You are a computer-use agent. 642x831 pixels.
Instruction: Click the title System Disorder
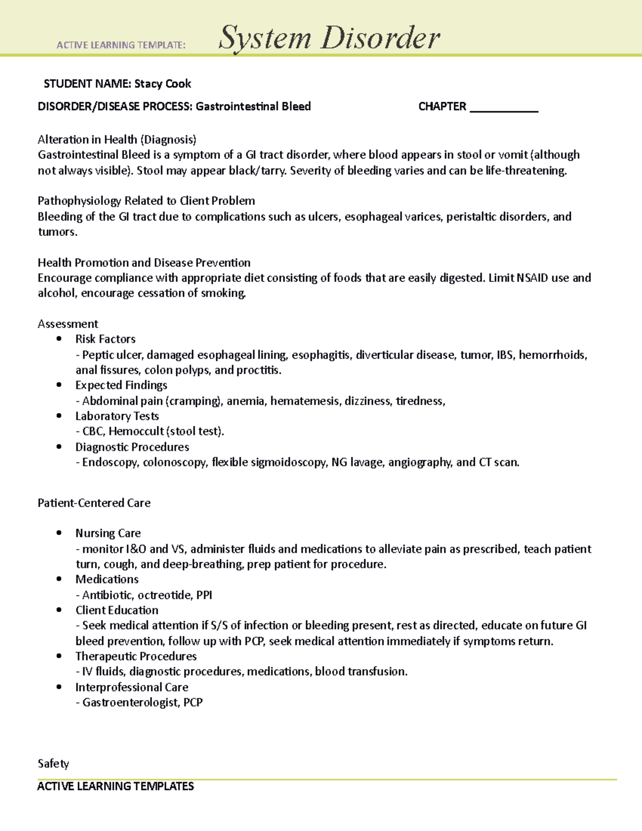329,39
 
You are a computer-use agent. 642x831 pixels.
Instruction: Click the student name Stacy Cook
163,83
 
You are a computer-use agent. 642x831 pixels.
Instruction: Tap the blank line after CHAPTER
503,108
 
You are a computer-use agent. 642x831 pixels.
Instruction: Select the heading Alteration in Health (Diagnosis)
117,140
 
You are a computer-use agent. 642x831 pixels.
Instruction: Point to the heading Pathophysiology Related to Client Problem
146,201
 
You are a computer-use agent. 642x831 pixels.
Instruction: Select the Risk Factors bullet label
105,339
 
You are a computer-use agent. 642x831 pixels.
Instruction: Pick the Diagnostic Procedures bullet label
132,447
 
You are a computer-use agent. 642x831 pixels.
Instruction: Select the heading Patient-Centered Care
94,503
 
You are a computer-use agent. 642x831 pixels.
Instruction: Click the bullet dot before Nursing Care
59,533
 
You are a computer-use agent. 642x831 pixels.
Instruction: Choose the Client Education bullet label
117,611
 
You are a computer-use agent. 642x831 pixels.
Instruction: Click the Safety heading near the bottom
53,764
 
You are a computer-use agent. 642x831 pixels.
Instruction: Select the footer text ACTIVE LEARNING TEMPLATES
116,787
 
